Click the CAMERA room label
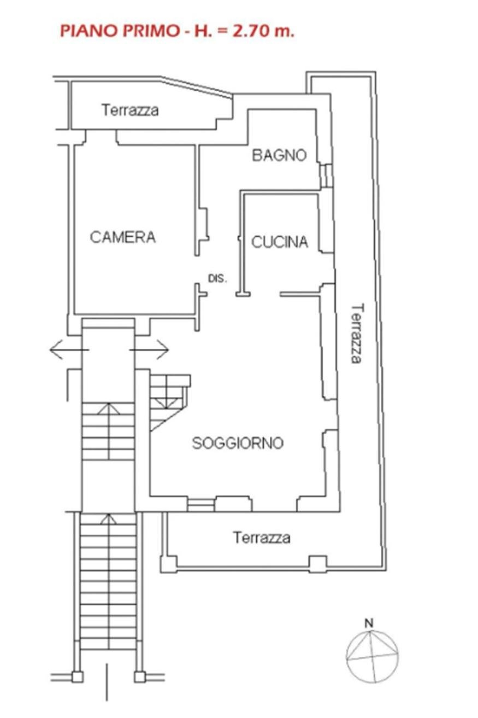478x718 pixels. click(123, 237)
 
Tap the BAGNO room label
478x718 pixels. click(279, 155)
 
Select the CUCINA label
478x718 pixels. click(280, 242)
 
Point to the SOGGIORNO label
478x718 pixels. click(238, 443)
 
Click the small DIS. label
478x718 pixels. click(218, 278)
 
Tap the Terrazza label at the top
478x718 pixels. click(130, 110)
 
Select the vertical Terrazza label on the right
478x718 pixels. click(357, 334)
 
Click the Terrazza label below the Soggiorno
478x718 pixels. click(262, 537)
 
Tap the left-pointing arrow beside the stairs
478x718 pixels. click(69, 349)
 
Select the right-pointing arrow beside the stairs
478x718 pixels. click(149, 349)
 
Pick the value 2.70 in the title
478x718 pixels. click(252, 31)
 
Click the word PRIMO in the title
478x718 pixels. click(152, 31)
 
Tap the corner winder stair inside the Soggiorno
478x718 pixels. click(170, 400)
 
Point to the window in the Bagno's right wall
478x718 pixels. click(327, 176)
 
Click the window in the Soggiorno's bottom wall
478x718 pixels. click(200, 505)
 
